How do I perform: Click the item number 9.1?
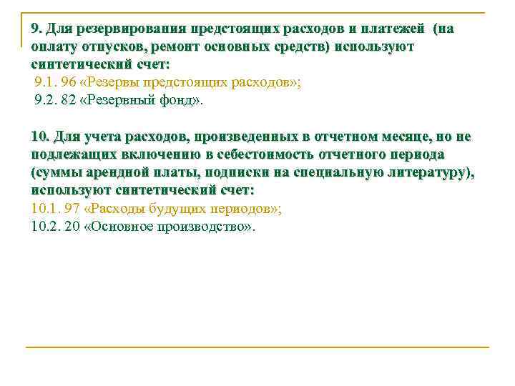(46, 82)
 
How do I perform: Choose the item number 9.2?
(46, 100)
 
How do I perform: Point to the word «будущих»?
(177, 209)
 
